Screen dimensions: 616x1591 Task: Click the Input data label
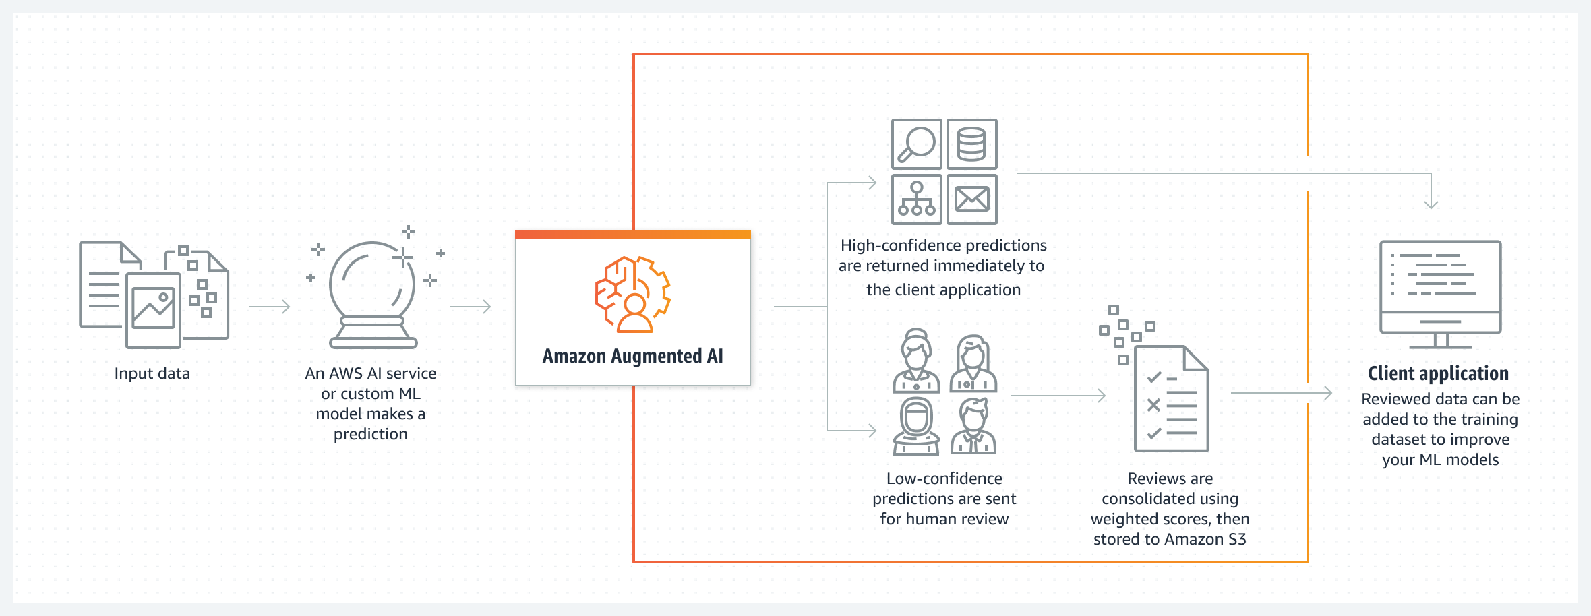[152, 373]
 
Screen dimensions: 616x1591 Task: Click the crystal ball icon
[372, 293]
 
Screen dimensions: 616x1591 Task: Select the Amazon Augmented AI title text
[632, 356]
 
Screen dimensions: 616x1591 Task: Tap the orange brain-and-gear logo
[632, 295]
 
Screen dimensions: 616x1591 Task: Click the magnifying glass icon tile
[916, 144]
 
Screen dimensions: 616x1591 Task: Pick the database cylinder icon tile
[971, 144]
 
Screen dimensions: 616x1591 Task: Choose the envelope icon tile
[971, 199]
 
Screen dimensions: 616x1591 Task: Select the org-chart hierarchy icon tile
[916, 199]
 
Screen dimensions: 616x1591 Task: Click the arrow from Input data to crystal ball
[270, 307]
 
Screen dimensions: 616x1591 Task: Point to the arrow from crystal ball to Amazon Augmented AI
[471, 307]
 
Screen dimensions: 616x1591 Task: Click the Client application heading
[1438, 373]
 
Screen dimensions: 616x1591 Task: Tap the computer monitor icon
[1440, 293]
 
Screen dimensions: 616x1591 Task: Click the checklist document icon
[1171, 399]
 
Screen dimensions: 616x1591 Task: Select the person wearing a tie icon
[973, 427]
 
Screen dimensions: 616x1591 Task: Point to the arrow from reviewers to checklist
[1058, 396]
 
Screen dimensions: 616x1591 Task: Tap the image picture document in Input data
[153, 309]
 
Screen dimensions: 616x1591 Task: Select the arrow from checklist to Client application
[1281, 392]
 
